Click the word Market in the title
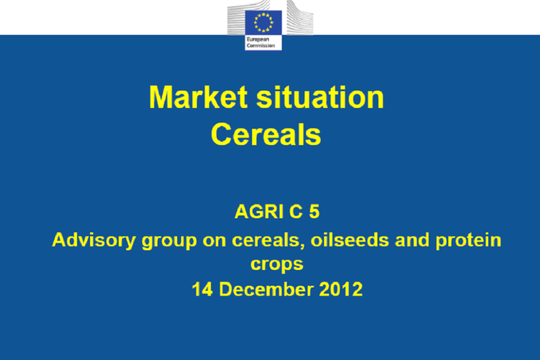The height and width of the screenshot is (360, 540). click(x=198, y=97)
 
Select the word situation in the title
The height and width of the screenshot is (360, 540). click(x=321, y=97)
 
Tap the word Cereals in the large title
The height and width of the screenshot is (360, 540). click(x=266, y=134)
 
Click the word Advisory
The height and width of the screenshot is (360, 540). click(x=93, y=240)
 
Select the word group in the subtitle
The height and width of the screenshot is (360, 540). click(x=169, y=241)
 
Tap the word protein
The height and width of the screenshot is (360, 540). click(x=469, y=240)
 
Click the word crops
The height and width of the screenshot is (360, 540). click(x=277, y=265)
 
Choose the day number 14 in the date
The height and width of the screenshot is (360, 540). click(x=202, y=289)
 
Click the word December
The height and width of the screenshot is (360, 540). click(x=266, y=289)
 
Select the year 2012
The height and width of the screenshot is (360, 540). click(x=341, y=289)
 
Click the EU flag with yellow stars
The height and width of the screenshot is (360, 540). click(x=264, y=23)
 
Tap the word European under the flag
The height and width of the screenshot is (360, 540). click(x=258, y=39)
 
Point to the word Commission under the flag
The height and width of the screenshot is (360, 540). click(x=261, y=45)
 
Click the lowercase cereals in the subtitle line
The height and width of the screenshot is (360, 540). click(x=268, y=240)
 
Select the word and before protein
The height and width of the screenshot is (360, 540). click(x=412, y=240)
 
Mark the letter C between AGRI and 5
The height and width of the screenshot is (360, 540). click(x=296, y=211)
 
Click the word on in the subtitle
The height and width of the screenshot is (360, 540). click(x=214, y=240)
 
